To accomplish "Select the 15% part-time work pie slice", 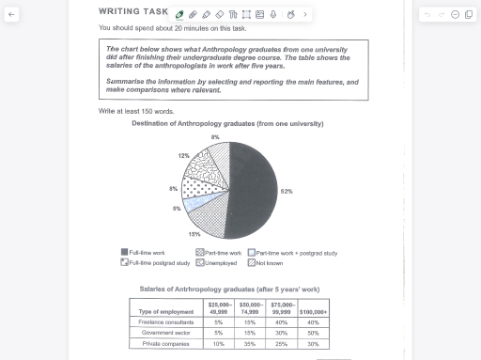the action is point(209,217).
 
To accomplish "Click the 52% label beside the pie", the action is point(286,191).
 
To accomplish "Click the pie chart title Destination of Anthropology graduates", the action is point(227,124).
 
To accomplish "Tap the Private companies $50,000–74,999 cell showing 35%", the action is point(250,343).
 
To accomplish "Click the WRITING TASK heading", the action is point(132,12).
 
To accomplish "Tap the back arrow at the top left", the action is point(11,15).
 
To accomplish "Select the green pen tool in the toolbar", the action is point(179,15).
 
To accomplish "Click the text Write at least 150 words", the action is point(135,111).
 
